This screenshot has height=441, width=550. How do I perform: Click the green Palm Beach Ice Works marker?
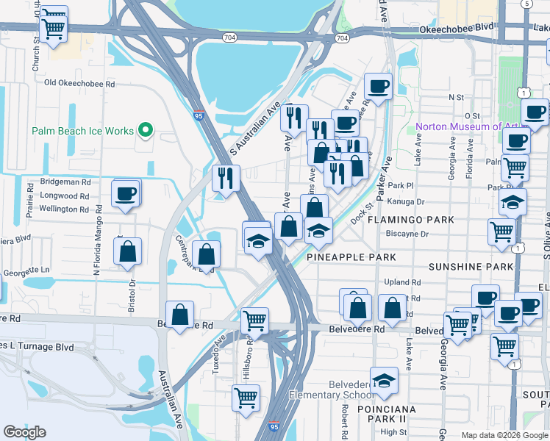tap(146, 132)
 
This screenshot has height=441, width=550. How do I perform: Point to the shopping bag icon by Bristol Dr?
tap(128, 251)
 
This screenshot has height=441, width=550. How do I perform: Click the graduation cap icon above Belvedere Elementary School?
tap(384, 381)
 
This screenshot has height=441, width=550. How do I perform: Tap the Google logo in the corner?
tap(24, 432)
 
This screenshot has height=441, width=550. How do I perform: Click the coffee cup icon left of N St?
tap(378, 87)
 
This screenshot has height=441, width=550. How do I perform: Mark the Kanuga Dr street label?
tap(410, 201)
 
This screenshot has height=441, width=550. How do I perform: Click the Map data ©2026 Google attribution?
tap(504, 435)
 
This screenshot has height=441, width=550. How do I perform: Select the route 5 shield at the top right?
tap(526, 4)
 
